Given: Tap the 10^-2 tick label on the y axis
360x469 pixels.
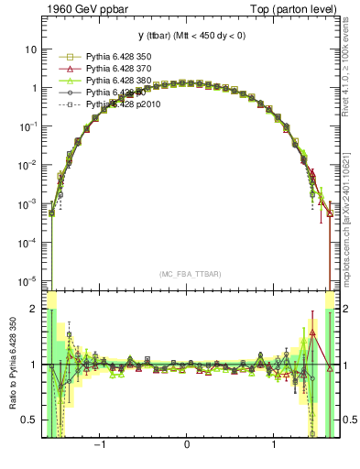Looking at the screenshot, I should [29, 165].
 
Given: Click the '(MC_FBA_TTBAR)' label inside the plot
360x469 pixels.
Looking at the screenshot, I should [191, 274].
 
